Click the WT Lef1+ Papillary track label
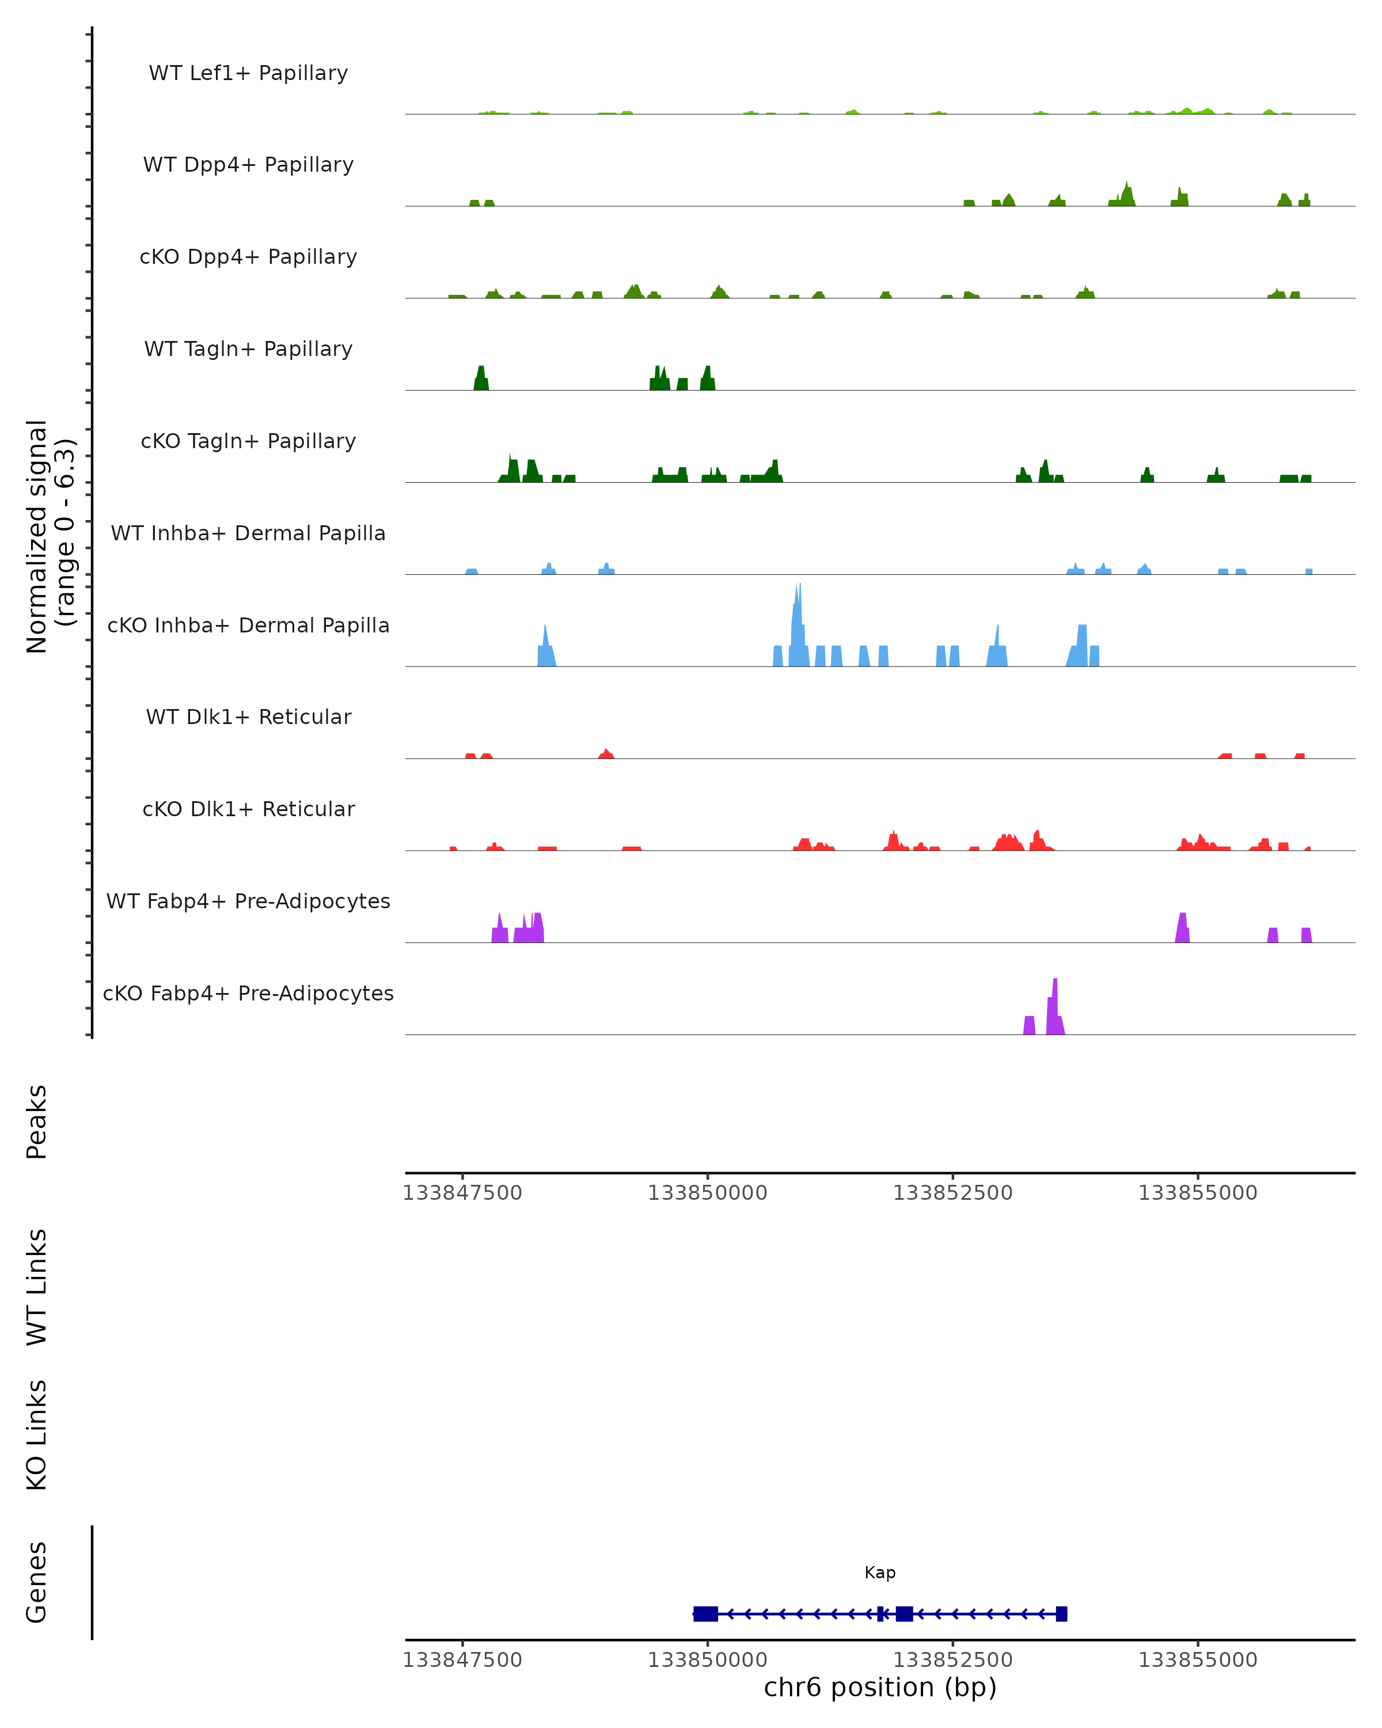point(248,73)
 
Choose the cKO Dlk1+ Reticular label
point(248,809)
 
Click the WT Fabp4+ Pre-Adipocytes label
point(248,901)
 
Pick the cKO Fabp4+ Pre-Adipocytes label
point(248,993)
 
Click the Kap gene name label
point(880,1572)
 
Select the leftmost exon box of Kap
point(705,1613)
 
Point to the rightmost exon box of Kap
point(1061,1613)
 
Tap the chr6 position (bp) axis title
point(880,1687)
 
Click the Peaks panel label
point(37,1121)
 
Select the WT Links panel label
point(37,1286)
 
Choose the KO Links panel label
point(37,1435)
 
